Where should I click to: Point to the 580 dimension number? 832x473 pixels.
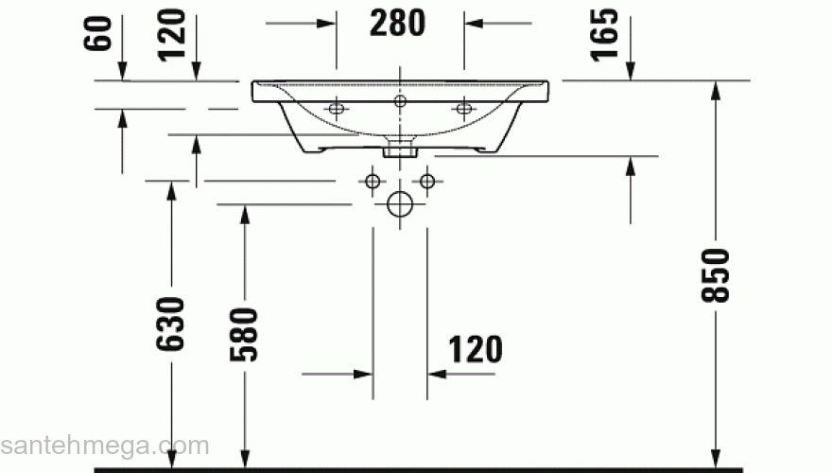244,335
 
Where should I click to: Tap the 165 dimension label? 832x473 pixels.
606,34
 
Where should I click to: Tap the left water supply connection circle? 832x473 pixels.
373,180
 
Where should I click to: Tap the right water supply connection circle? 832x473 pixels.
427,180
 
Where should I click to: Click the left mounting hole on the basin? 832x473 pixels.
336,109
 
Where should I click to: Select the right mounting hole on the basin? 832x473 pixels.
463,109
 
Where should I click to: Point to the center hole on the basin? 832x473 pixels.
400,99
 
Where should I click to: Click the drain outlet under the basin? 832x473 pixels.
400,149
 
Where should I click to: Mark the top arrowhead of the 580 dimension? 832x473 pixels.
244,214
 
